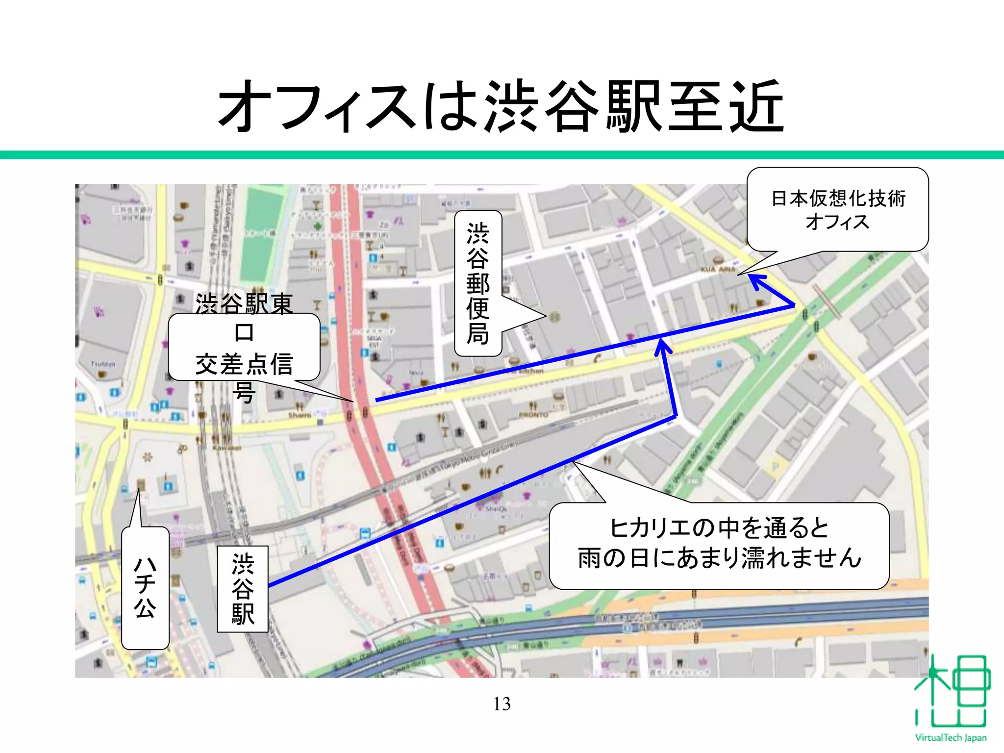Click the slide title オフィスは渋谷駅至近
pyautogui.click(x=501, y=106)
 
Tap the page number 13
pyautogui.click(x=502, y=704)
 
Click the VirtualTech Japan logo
pyautogui.click(x=951, y=699)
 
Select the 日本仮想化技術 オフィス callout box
pyautogui.click(x=837, y=210)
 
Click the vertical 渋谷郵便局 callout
pyautogui.click(x=478, y=283)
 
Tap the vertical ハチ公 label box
pyautogui.click(x=145, y=588)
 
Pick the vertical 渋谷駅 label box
pyautogui.click(x=243, y=589)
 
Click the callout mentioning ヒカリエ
pyautogui.click(x=719, y=545)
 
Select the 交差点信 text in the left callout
pyautogui.click(x=244, y=364)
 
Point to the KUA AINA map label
pyautogui.click(x=718, y=269)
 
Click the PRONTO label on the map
pyautogui.click(x=533, y=415)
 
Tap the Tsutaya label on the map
pyautogui.click(x=102, y=364)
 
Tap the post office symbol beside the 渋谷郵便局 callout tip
pyautogui.click(x=554, y=317)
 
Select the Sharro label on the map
pyautogui.click(x=299, y=415)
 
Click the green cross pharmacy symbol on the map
pyautogui.click(x=318, y=226)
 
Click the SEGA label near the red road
pyautogui.click(x=374, y=339)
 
